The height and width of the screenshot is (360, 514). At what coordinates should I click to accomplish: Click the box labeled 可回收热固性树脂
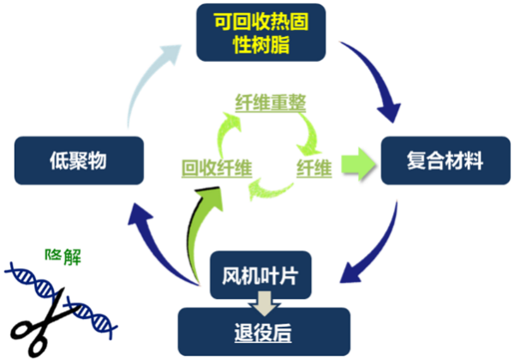tap(260, 33)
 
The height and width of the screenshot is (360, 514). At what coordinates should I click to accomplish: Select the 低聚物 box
tap(79, 160)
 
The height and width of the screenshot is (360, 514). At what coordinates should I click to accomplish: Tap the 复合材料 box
tap(445, 160)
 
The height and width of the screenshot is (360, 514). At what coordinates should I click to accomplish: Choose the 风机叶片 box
tap(260, 275)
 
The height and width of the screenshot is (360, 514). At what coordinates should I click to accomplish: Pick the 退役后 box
tap(264, 332)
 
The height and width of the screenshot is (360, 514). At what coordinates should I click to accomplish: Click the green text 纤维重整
tap(271, 103)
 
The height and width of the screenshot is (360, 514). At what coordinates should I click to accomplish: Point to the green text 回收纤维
tap(217, 168)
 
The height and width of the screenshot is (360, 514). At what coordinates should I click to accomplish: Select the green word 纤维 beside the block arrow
tap(314, 168)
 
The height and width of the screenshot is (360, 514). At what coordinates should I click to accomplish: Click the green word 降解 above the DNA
tap(63, 257)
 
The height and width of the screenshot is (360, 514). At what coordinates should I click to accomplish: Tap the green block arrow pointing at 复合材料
tap(359, 164)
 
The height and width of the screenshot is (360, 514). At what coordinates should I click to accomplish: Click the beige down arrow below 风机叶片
tap(265, 303)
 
